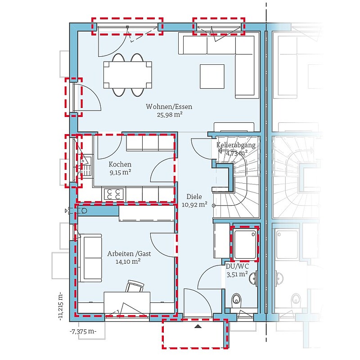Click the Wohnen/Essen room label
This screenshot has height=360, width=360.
[x=169, y=107]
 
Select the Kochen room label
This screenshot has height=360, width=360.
[x=120, y=164]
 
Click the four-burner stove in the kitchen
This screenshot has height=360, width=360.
[x=113, y=194]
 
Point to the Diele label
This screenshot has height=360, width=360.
[x=194, y=197]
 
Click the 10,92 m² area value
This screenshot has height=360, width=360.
[x=195, y=204]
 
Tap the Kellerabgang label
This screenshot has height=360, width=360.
[x=236, y=145]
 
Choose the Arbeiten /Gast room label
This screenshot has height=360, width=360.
[x=129, y=254]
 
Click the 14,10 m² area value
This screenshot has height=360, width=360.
[x=128, y=261]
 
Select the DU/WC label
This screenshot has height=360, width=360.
[x=237, y=266]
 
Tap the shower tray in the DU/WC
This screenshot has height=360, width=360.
[x=245, y=244]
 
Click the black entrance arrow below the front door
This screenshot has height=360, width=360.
[x=198, y=326]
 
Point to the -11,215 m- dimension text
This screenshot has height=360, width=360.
[x=60, y=306]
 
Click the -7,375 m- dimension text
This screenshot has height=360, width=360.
[x=83, y=332]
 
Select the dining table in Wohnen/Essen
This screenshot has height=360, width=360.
[x=128, y=75]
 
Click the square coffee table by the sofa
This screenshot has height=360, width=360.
[x=212, y=76]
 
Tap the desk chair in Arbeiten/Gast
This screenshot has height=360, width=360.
[x=135, y=286]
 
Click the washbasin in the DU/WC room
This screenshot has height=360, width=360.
[x=253, y=278]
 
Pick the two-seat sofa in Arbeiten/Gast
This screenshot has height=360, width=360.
[x=91, y=258]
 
